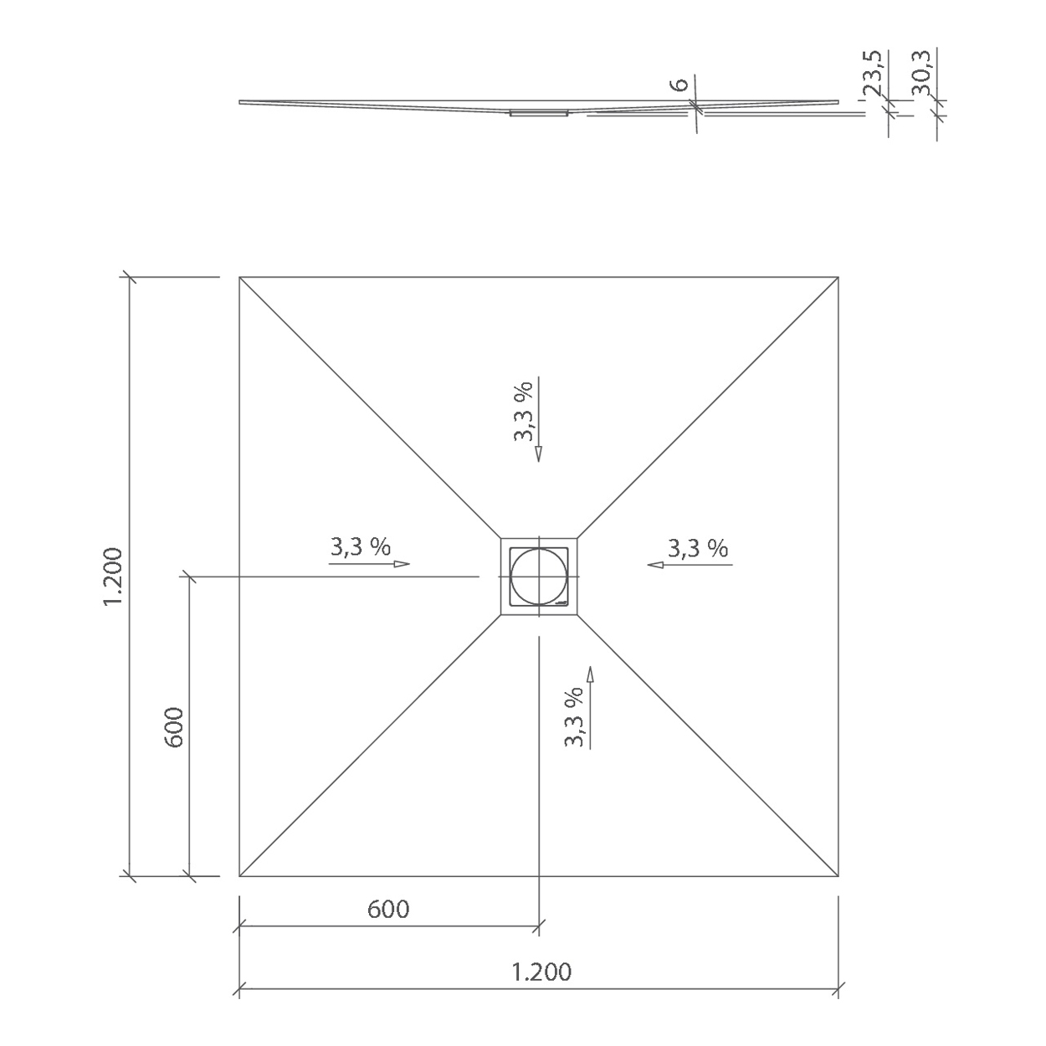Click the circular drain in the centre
coord(538,577)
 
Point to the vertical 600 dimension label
coord(174,727)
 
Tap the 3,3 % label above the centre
coord(524,411)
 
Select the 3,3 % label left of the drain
coord(361,546)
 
